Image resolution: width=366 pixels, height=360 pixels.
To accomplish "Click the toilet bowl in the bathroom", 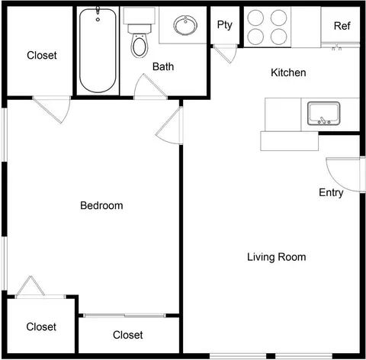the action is (x=140, y=46).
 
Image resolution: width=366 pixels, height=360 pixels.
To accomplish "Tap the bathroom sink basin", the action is (x=185, y=25).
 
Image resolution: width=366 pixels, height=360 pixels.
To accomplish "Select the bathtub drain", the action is (x=98, y=19).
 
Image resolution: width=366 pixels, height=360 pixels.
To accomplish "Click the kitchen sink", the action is (x=324, y=114).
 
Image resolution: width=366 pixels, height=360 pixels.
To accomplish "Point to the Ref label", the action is (x=342, y=26).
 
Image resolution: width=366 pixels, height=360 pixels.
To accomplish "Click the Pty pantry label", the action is (x=225, y=25).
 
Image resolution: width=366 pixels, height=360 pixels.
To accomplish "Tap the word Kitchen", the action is (x=288, y=72).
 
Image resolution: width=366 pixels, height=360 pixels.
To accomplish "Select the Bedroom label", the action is (x=101, y=205).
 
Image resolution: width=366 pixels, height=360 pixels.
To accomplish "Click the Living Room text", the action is (x=277, y=257).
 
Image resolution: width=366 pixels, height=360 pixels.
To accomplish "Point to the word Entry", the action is (x=331, y=193).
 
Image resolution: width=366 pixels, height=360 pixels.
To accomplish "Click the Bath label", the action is (x=163, y=66).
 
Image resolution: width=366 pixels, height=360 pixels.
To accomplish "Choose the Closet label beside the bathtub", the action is (x=42, y=55).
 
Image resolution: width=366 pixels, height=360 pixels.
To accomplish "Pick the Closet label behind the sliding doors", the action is (x=128, y=335).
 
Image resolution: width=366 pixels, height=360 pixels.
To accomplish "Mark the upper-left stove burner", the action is (x=255, y=18).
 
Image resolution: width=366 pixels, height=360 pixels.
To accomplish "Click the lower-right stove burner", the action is (x=279, y=37).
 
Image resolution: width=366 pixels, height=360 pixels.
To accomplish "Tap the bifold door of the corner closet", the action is (x=31, y=286).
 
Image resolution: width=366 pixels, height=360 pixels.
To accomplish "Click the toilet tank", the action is (x=140, y=15).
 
